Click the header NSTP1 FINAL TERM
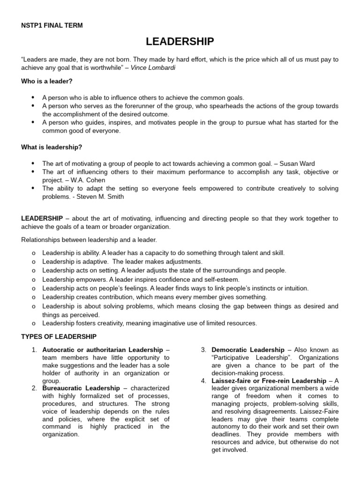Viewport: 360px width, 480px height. (x=52, y=25)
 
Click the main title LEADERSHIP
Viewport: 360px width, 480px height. (x=180, y=42)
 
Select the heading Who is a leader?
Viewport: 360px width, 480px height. (x=47, y=81)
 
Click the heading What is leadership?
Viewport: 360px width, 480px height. (x=52, y=147)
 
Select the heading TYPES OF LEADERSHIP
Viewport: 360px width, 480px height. (x=59, y=337)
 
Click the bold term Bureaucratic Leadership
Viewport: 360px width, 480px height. (x=81, y=389)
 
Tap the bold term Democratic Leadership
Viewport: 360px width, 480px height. (x=248, y=350)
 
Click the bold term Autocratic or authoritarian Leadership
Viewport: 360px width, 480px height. (x=103, y=350)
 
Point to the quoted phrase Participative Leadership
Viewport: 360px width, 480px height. (x=243, y=358)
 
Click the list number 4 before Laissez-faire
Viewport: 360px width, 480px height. (x=204, y=381)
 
